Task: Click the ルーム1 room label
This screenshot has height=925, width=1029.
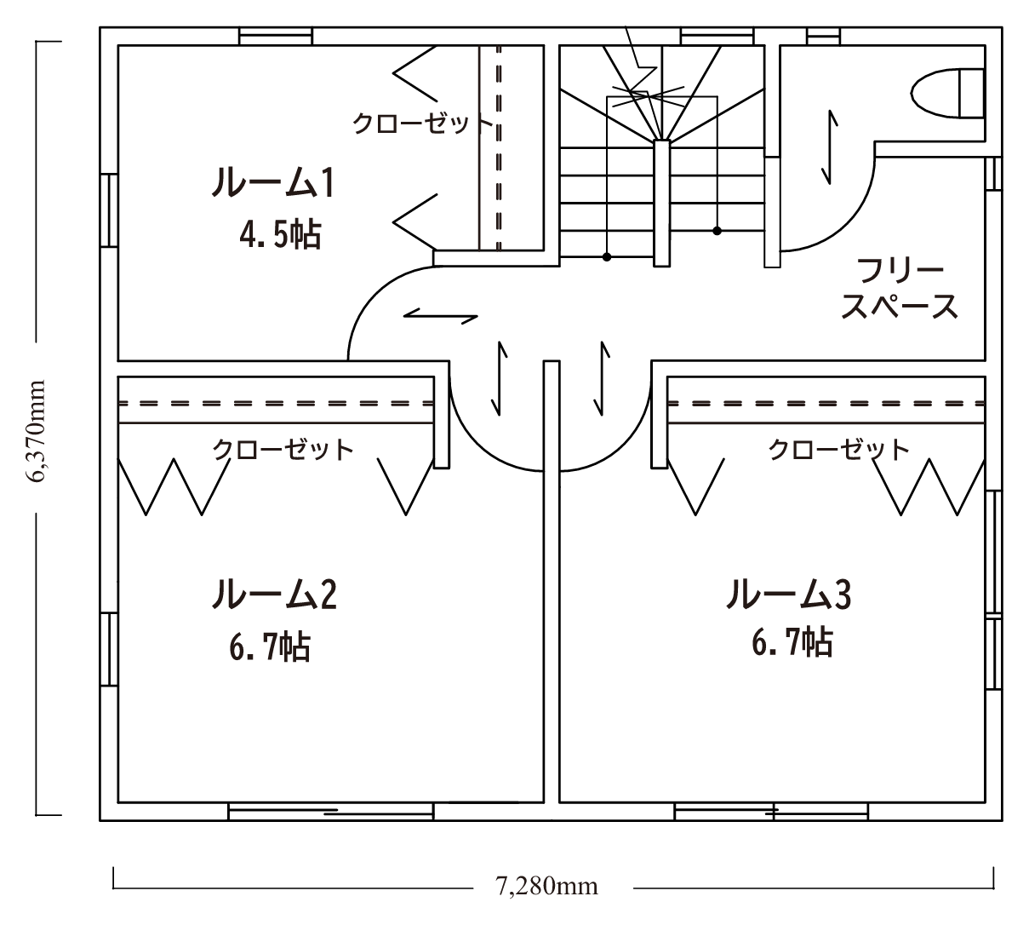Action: coord(273,182)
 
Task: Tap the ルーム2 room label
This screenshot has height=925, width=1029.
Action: coord(274,594)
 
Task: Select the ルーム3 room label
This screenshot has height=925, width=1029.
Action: coord(789,594)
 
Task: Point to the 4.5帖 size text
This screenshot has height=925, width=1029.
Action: coord(280,235)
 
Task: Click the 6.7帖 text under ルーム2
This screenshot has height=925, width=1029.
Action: coord(270,646)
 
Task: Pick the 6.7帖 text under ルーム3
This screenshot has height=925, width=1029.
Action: coord(792,642)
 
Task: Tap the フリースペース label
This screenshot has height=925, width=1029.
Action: coord(899,289)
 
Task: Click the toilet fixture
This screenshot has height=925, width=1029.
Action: coord(947,94)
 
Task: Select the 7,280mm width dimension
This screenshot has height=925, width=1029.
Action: coord(546,886)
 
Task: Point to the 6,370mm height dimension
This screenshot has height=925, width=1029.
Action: coord(37,431)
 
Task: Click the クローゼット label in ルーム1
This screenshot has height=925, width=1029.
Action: coord(422,124)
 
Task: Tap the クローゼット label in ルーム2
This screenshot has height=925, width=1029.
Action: coord(283,450)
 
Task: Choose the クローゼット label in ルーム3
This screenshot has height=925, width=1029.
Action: coord(838,450)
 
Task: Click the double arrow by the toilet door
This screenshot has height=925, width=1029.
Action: coord(829,147)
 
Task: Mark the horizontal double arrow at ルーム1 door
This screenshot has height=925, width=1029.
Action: coord(440,316)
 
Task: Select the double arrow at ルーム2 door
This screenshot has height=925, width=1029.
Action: coord(500,379)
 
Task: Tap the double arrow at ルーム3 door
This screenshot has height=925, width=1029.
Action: coord(602,379)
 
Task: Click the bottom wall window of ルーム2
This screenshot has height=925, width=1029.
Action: coord(331,812)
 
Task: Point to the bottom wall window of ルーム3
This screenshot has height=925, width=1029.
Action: coord(771,812)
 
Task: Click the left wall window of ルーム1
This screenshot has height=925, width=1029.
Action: coord(109,210)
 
